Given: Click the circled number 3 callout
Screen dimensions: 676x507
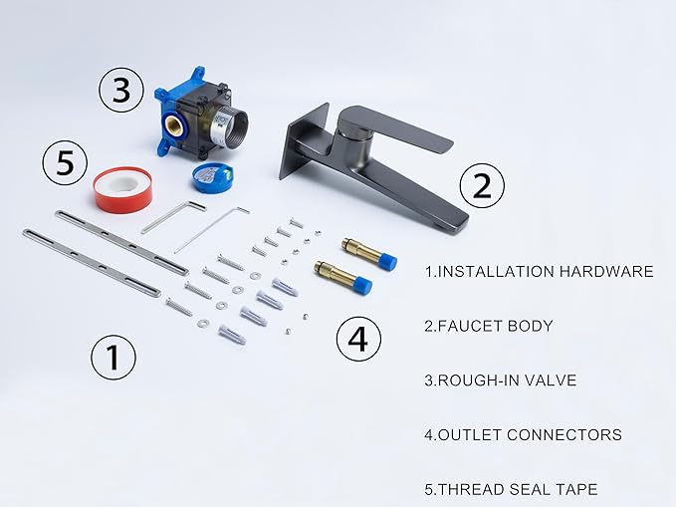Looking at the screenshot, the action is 121,90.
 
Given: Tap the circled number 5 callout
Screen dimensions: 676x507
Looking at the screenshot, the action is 65,163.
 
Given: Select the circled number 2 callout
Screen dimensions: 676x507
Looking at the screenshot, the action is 482,185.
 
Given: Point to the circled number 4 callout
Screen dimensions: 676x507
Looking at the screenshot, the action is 358,339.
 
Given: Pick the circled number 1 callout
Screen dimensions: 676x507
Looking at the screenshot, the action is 113,357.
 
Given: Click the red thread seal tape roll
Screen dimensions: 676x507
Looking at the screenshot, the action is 122,190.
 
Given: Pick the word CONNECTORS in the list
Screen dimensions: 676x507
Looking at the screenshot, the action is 564,434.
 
